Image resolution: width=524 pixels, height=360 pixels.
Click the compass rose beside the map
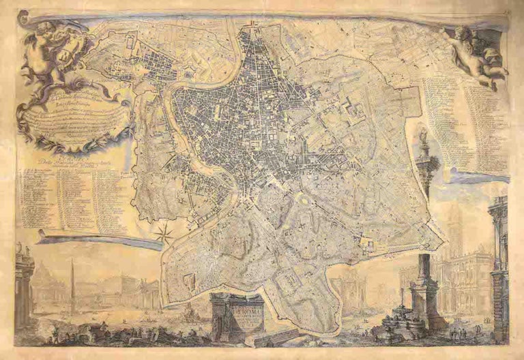(164, 234)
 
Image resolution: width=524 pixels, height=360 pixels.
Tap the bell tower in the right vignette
(456, 232)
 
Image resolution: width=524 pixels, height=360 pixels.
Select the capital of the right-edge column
(499, 205)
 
